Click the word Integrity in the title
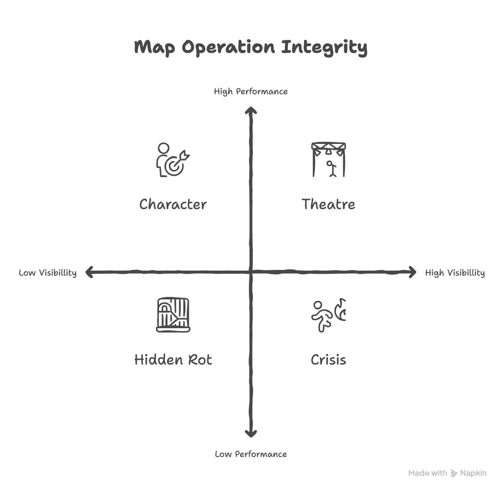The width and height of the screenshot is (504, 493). pyautogui.click(x=324, y=48)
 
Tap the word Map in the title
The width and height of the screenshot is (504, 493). pyautogui.click(x=154, y=48)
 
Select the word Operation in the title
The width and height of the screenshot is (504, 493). pyautogui.click(x=228, y=48)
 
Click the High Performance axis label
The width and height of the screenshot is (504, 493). pyautogui.click(x=251, y=91)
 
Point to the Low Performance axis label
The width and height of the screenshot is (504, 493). pyautogui.click(x=251, y=454)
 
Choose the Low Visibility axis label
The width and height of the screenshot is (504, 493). pyautogui.click(x=47, y=273)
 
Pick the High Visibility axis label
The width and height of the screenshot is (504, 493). pyautogui.click(x=455, y=273)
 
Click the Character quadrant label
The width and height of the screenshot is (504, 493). pyautogui.click(x=173, y=204)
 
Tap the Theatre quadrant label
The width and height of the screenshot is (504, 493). pyautogui.click(x=328, y=204)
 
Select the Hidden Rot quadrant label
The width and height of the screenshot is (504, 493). pyautogui.click(x=173, y=360)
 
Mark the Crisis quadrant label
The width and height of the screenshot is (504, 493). pyautogui.click(x=328, y=360)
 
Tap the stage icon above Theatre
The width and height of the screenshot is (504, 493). pyautogui.click(x=328, y=160)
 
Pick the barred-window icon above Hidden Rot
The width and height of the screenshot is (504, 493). pyautogui.click(x=173, y=315)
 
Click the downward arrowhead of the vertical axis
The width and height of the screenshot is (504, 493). pyautogui.click(x=251, y=434)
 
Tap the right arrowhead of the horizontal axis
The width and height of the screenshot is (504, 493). pyautogui.click(x=413, y=272)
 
